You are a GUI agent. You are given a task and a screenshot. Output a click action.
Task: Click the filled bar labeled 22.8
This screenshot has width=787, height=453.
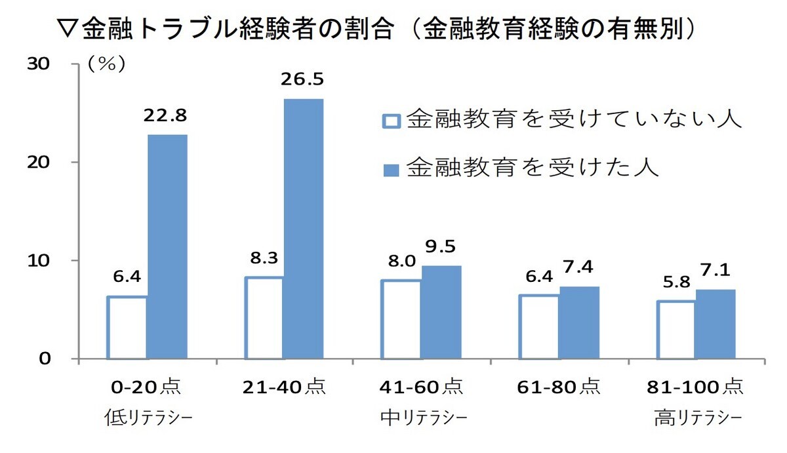tap(167, 246)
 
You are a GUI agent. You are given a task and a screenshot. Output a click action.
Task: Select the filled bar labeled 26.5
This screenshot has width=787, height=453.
tap(304, 229)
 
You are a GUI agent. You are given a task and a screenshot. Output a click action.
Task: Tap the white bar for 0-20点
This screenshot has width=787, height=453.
tap(127, 328)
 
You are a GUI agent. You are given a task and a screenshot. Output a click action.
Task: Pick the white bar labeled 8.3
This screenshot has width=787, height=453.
tap(264, 318)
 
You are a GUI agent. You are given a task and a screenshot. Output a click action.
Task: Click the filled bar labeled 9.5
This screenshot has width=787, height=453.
tap(441, 312)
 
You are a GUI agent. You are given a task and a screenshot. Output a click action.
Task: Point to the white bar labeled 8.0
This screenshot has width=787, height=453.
tap(401, 319)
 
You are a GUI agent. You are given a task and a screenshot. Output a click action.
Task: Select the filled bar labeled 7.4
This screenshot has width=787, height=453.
tap(578, 323)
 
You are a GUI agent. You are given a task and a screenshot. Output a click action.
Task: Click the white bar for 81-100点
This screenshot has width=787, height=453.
tap(676, 330)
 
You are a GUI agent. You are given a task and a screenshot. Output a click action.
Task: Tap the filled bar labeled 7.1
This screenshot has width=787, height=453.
tap(716, 324)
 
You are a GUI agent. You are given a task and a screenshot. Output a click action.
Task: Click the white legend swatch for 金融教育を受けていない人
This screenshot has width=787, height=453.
tap(392, 122)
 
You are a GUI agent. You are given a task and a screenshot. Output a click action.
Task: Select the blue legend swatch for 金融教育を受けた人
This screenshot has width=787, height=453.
tap(392, 170)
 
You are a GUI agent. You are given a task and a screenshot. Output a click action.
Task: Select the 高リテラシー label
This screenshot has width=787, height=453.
tap(698, 417)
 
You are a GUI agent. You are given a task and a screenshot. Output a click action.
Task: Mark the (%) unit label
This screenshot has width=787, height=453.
tap(106, 64)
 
